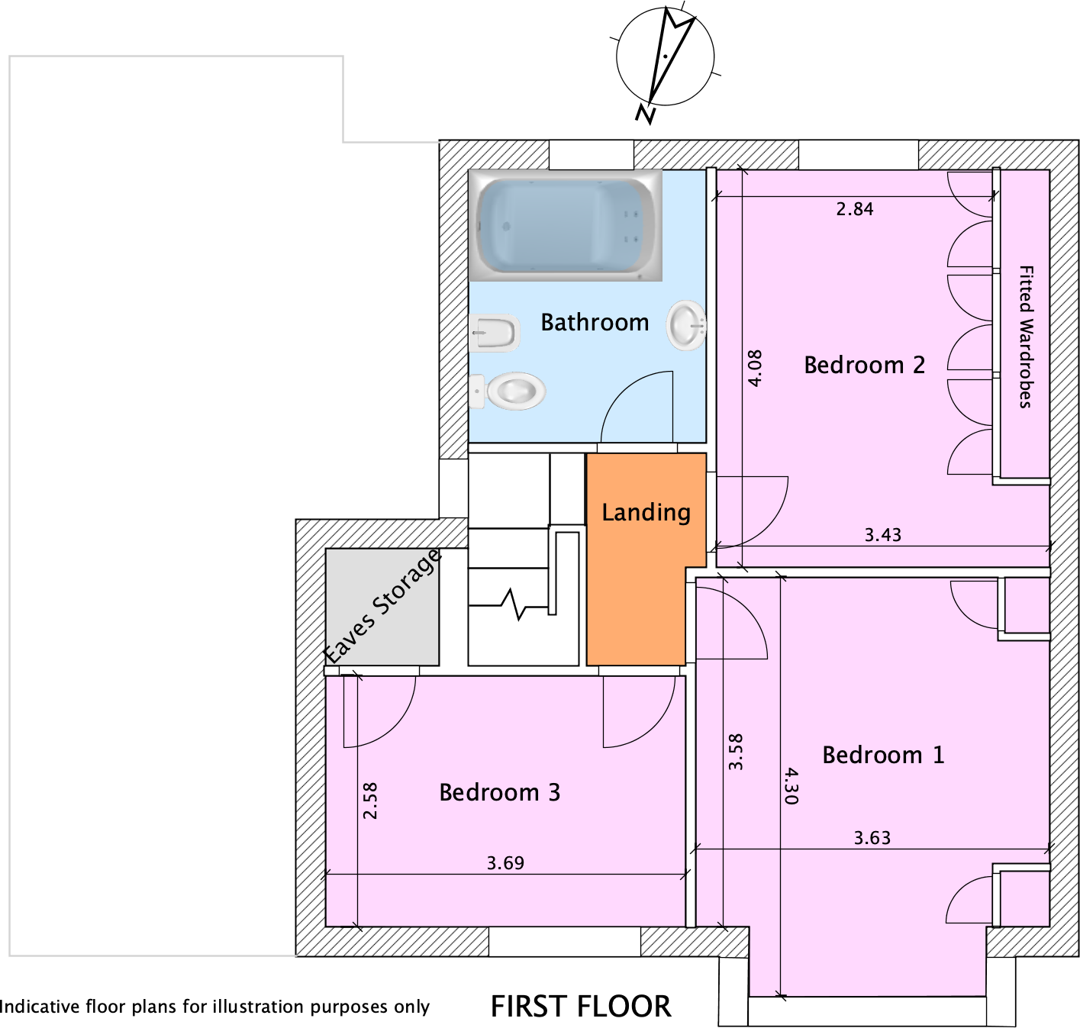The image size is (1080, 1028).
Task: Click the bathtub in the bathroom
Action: pyautogui.click(x=566, y=225)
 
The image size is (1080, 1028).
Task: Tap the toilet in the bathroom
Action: pyautogui.click(x=508, y=392)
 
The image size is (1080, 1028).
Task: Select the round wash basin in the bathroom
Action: pyautogui.click(x=686, y=324)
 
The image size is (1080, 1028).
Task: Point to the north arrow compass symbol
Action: pyautogui.click(x=665, y=63)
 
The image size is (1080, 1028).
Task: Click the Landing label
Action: pyautogui.click(x=646, y=512)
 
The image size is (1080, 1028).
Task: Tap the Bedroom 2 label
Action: pyautogui.click(x=865, y=365)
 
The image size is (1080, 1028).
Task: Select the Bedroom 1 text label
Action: pyautogui.click(x=883, y=755)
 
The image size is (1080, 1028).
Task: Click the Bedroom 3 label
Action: pyautogui.click(x=500, y=792)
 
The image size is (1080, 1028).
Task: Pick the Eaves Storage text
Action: pyautogui.click(x=382, y=607)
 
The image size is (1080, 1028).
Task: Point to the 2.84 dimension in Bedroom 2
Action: pyautogui.click(x=855, y=209)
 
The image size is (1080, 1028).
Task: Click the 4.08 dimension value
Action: pyautogui.click(x=756, y=369)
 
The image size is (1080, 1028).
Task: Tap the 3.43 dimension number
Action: pyautogui.click(x=883, y=534)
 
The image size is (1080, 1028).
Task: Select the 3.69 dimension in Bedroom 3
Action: pyautogui.click(x=505, y=863)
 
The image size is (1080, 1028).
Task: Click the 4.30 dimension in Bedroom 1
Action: pyautogui.click(x=791, y=786)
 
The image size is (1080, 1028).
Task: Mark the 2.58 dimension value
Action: pyautogui.click(x=370, y=801)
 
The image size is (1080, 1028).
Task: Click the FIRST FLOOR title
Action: pyautogui.click(x=581, y=1007)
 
